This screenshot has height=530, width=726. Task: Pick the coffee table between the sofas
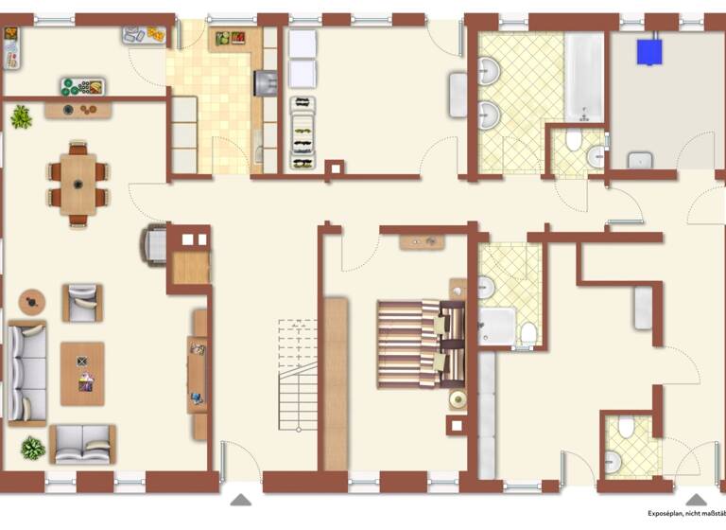(83, 373)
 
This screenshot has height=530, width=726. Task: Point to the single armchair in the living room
(83, 303)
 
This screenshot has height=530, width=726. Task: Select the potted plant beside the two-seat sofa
(33, 448)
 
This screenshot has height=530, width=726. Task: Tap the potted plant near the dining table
(21, 117)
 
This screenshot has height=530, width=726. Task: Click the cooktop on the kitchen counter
(263, 83)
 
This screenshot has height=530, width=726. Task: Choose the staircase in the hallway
(297, 374)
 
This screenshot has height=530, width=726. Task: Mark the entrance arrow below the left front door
(241, 500)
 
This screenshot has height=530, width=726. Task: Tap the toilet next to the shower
(528, 333)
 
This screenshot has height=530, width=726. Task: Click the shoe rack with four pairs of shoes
(302, 137)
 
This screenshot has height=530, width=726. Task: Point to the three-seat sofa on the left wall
(26, 372)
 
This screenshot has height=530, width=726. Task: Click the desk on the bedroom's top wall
(423, 241)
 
